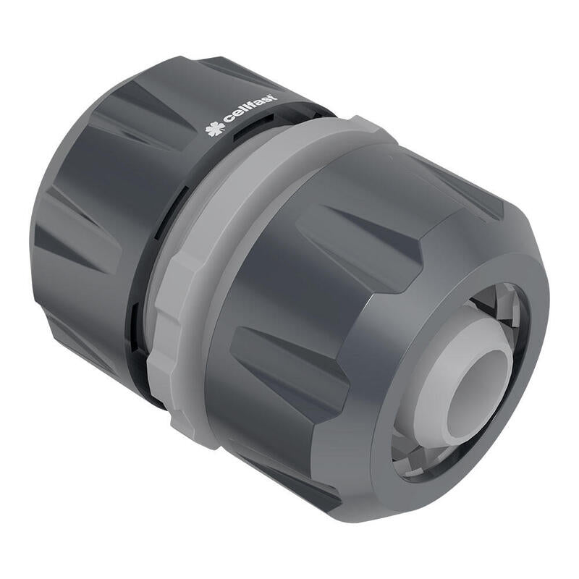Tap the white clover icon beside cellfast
214,131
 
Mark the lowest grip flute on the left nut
80,340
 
